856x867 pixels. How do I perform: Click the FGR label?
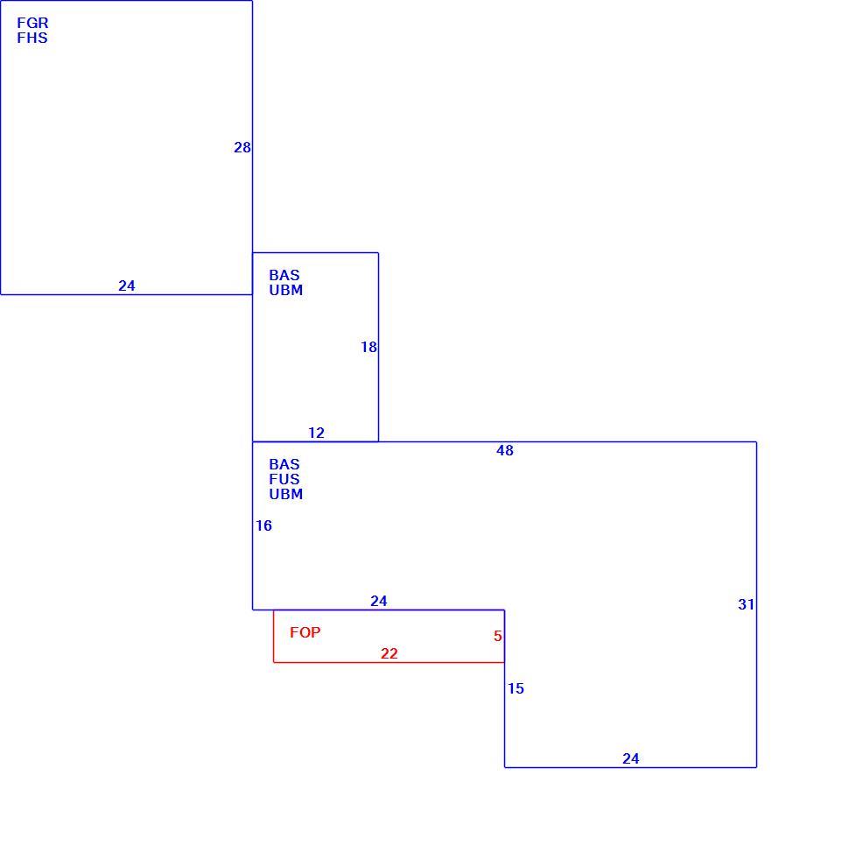(32, 23)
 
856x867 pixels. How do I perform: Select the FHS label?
(32, 38)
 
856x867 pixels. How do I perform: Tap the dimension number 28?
(242, 147)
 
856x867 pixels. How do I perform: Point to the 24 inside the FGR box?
(127, 285)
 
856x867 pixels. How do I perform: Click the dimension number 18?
(368, 347)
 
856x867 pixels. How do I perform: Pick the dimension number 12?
(316, 433)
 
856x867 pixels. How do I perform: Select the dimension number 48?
(504, 450)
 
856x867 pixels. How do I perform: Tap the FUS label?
(284, 479)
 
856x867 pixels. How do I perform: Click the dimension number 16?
(263, 525)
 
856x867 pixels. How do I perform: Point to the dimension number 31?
(746, 604)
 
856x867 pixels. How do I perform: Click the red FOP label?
(305, 632)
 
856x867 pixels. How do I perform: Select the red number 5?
(497, 636)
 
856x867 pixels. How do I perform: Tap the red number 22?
(389, 653)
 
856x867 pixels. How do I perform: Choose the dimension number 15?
(516, 688)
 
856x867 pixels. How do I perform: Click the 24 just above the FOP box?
(378, 601)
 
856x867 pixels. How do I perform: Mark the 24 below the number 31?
(630, 758)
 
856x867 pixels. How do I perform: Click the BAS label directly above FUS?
(284, 464)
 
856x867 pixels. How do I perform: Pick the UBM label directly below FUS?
(285, 494)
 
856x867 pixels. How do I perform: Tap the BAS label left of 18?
(284, 275)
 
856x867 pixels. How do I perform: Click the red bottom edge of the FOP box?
(389, 662)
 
